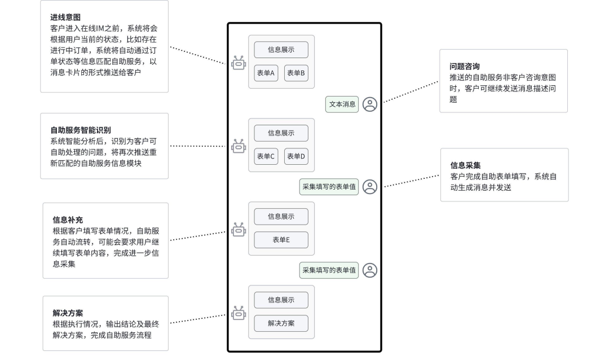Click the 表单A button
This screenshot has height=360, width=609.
[x=266, y=73]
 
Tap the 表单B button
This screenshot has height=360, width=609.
[x=296, y=73]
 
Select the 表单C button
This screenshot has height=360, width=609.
[x=266, y=156]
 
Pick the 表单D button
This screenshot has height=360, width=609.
[x=296, y=156]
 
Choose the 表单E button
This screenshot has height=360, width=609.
[x=281, y=240]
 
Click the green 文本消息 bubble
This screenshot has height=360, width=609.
[x=342, y=104]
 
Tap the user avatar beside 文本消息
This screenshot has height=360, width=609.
[x=370, y=104]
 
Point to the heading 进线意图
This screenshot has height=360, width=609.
[x=65, y=17]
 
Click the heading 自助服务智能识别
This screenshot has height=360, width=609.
[x=81, y=130]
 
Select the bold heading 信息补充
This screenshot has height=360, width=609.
[x=68, y=219]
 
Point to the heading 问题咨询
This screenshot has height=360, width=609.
[x=465, y=66]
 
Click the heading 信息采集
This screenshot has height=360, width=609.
[x=465, y=165]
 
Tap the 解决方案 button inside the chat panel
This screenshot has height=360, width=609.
[x=281, y=323]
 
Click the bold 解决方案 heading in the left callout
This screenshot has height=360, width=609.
[x=68, y=313]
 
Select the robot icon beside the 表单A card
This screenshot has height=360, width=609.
[x=239, y=63]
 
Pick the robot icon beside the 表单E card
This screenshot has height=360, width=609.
[x=239, y=230]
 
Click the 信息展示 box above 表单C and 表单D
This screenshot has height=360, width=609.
[x=281, y=133]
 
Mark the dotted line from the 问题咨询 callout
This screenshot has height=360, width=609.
[x=411, y=92]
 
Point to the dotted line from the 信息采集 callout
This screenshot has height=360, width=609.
[x=412, y=181]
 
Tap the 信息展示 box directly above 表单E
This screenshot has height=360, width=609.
[x=281, y=217]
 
